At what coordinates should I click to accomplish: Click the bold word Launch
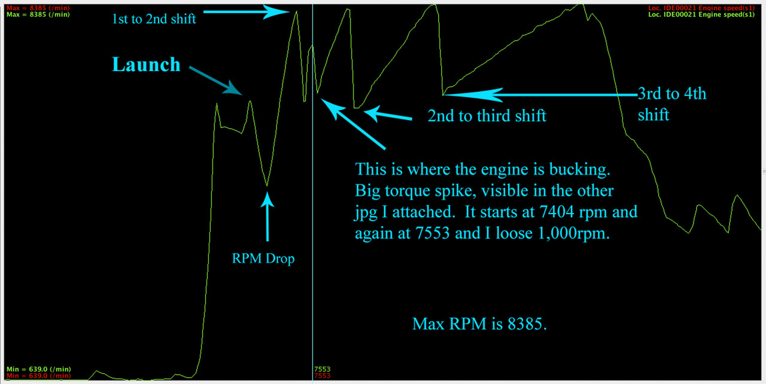(x=147, y=65)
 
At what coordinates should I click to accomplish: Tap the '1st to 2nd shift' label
(x=154, y=19)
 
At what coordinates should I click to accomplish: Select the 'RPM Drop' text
(x=264, y=259)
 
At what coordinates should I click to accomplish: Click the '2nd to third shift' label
(x=487, y=115)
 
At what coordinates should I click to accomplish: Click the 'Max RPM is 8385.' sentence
(x=479, y=324)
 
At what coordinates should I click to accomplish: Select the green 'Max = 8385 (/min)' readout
(x=29, y=14)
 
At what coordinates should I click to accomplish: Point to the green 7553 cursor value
(x=322, y=369)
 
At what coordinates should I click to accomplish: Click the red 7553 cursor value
(x=322, y=376)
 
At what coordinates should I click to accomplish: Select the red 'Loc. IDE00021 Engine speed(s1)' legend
(x=715, y=7)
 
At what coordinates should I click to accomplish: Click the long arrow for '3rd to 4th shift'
(x=539, y=94)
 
